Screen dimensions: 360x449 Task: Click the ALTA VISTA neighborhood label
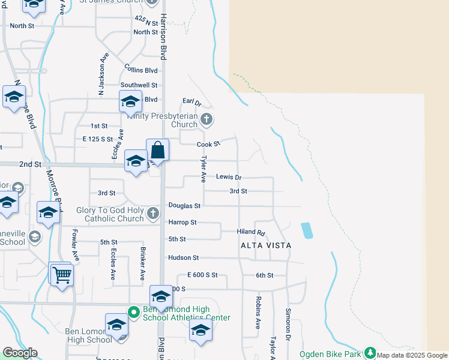tap(266, 245)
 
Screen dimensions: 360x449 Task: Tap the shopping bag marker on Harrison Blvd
tap(157, 150)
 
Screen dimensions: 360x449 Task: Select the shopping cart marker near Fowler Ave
tap(62, 276)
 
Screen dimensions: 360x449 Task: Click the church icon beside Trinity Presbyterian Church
tap(206, 119)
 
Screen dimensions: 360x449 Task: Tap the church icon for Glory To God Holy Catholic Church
tap(153, 213)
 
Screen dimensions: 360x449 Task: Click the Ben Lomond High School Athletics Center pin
tap(133, 311)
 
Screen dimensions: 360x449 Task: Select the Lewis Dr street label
tap(229, 178)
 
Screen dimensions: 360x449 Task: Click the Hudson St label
tap(183, 257)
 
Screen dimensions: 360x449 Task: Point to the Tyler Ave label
tap(203, 169)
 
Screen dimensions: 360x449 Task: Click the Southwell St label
tap(139, 85)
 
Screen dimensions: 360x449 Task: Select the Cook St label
tap(209, 144)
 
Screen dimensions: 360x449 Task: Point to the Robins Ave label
tap(258, 313)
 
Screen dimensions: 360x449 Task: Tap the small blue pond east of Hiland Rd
tap(306, 230)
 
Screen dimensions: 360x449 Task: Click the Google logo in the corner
tap(20, 353)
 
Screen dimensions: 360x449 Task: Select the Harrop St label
tap(182, 222)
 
